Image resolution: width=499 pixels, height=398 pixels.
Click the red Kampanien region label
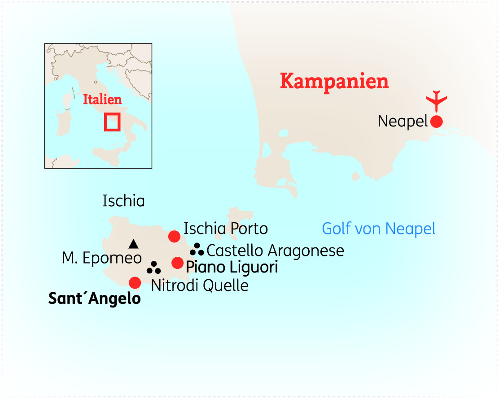(334, 82)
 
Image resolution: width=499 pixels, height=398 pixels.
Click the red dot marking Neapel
(436, 121)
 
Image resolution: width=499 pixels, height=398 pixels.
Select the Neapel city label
(403, 121)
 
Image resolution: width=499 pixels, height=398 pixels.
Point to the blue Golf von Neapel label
(379, 229)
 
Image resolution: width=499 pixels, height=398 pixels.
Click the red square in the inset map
(112, 121)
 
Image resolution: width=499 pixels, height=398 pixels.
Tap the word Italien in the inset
(102, 99)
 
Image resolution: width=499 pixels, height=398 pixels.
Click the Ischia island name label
(123, 201)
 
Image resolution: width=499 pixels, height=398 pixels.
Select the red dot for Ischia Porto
(174, 236)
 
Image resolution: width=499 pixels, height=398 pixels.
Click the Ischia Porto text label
(226, 229)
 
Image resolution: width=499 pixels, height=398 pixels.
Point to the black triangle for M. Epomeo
(133, 244)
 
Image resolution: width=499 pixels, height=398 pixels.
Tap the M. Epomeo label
(102, 259)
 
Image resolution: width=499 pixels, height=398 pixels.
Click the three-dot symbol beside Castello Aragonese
(197, 249)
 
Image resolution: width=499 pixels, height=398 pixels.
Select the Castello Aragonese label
(275, 251)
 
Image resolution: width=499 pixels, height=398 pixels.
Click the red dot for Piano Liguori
(178, 263)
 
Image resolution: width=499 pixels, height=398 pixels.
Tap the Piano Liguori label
(232, 268)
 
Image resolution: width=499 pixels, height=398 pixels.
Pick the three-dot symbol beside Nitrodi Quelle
(154, 268)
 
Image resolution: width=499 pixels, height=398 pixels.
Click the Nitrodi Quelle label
(200, 286)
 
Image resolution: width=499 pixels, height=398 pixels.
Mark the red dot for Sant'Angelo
(135, 282)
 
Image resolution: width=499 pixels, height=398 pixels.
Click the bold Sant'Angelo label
(94, 299)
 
